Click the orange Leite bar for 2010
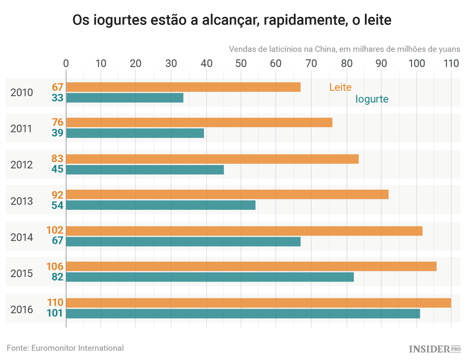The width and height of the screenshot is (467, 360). tap(183, 87)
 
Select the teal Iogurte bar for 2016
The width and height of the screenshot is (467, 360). tap(243, 313)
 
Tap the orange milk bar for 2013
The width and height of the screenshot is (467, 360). tap(227, 194)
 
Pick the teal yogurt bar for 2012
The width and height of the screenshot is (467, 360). tap(144, 169)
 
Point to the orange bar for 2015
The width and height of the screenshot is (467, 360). tap(251, 267)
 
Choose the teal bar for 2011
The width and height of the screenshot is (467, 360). tap(135, 133)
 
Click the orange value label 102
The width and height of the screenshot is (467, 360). tap(55, 230)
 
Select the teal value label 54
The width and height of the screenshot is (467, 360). tap(58, 205)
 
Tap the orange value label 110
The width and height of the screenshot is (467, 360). tap(55, 303)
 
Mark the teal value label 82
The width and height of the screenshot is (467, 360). tap(58, 277)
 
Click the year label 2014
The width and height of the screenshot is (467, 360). tap(22, 237)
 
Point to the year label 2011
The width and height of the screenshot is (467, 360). tap(22, 128)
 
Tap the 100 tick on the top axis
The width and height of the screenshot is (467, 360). tap(416, 63)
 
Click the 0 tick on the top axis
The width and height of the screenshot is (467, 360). tap(66, 63)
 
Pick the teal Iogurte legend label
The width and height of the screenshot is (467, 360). tap(372, 98)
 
